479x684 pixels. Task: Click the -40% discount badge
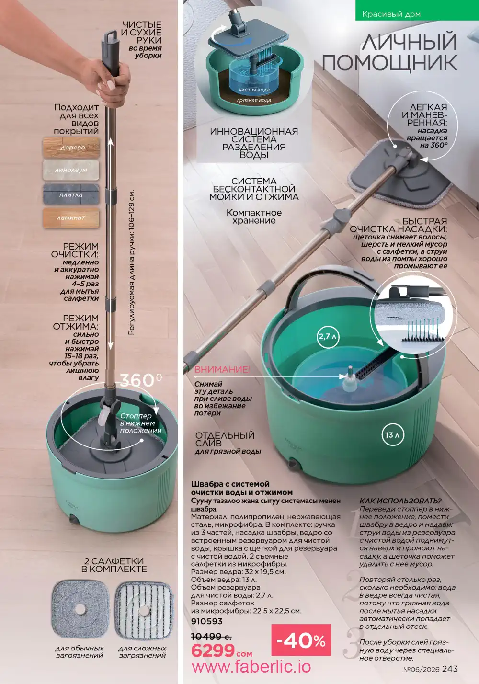[x=301, y=640]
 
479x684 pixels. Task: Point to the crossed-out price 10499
[x=211, y=637]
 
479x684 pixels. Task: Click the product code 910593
[x=206, y=621]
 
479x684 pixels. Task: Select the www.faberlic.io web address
[x=251, y=667]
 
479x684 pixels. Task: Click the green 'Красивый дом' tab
[x=417, y=11]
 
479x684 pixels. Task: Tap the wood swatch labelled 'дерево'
[x=71, y=148]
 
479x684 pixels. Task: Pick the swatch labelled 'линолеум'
[x=71, y=170]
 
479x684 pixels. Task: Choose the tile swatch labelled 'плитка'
[x=71, y=194]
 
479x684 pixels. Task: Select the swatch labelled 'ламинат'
[x=71, y=218]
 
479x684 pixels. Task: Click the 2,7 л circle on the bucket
[x=328, y=337]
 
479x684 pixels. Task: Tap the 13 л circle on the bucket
[x=393, y=434]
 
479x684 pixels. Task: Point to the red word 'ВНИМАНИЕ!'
[x=222, y=369]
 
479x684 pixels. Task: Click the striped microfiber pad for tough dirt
[x=144, y=609]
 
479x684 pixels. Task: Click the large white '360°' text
[x=141, y=380]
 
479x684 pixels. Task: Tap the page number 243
[x=450, y=669]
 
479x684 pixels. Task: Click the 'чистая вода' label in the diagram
[x=254, y=90]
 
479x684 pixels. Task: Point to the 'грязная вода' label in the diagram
[x=254, y=100]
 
